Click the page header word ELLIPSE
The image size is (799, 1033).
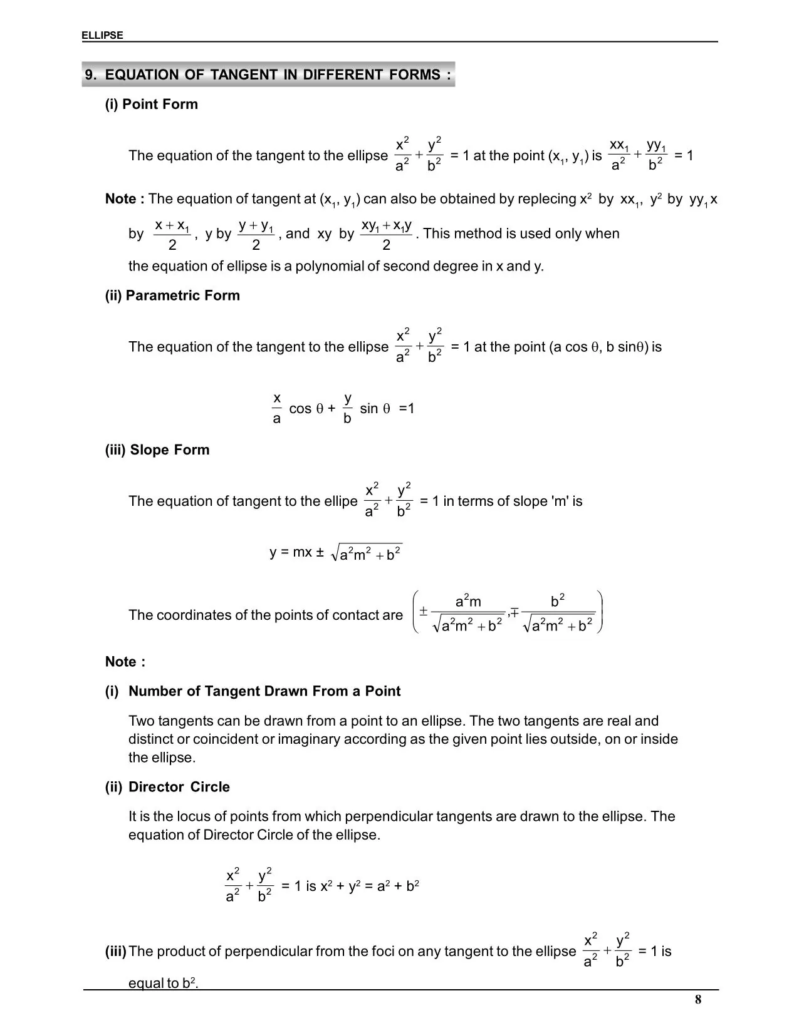(x=102, y=36)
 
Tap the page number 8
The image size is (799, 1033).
(x=698, y=1000)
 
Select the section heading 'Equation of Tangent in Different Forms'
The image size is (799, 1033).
(x=268, y=75)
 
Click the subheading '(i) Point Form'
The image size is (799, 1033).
(x=151, y=105)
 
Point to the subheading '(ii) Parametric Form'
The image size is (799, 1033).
(x=172, y=296)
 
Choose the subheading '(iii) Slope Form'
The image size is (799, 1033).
(x=157, y=450)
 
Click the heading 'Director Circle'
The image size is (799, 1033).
(x=179, y=787)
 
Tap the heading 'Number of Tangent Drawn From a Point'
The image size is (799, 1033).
(x=264, y=691)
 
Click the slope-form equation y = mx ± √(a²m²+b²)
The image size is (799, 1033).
(x=336, y=553)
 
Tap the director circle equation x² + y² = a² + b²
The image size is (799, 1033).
(x=370, y=887)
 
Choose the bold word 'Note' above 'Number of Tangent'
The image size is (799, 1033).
(x=121, y=662)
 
